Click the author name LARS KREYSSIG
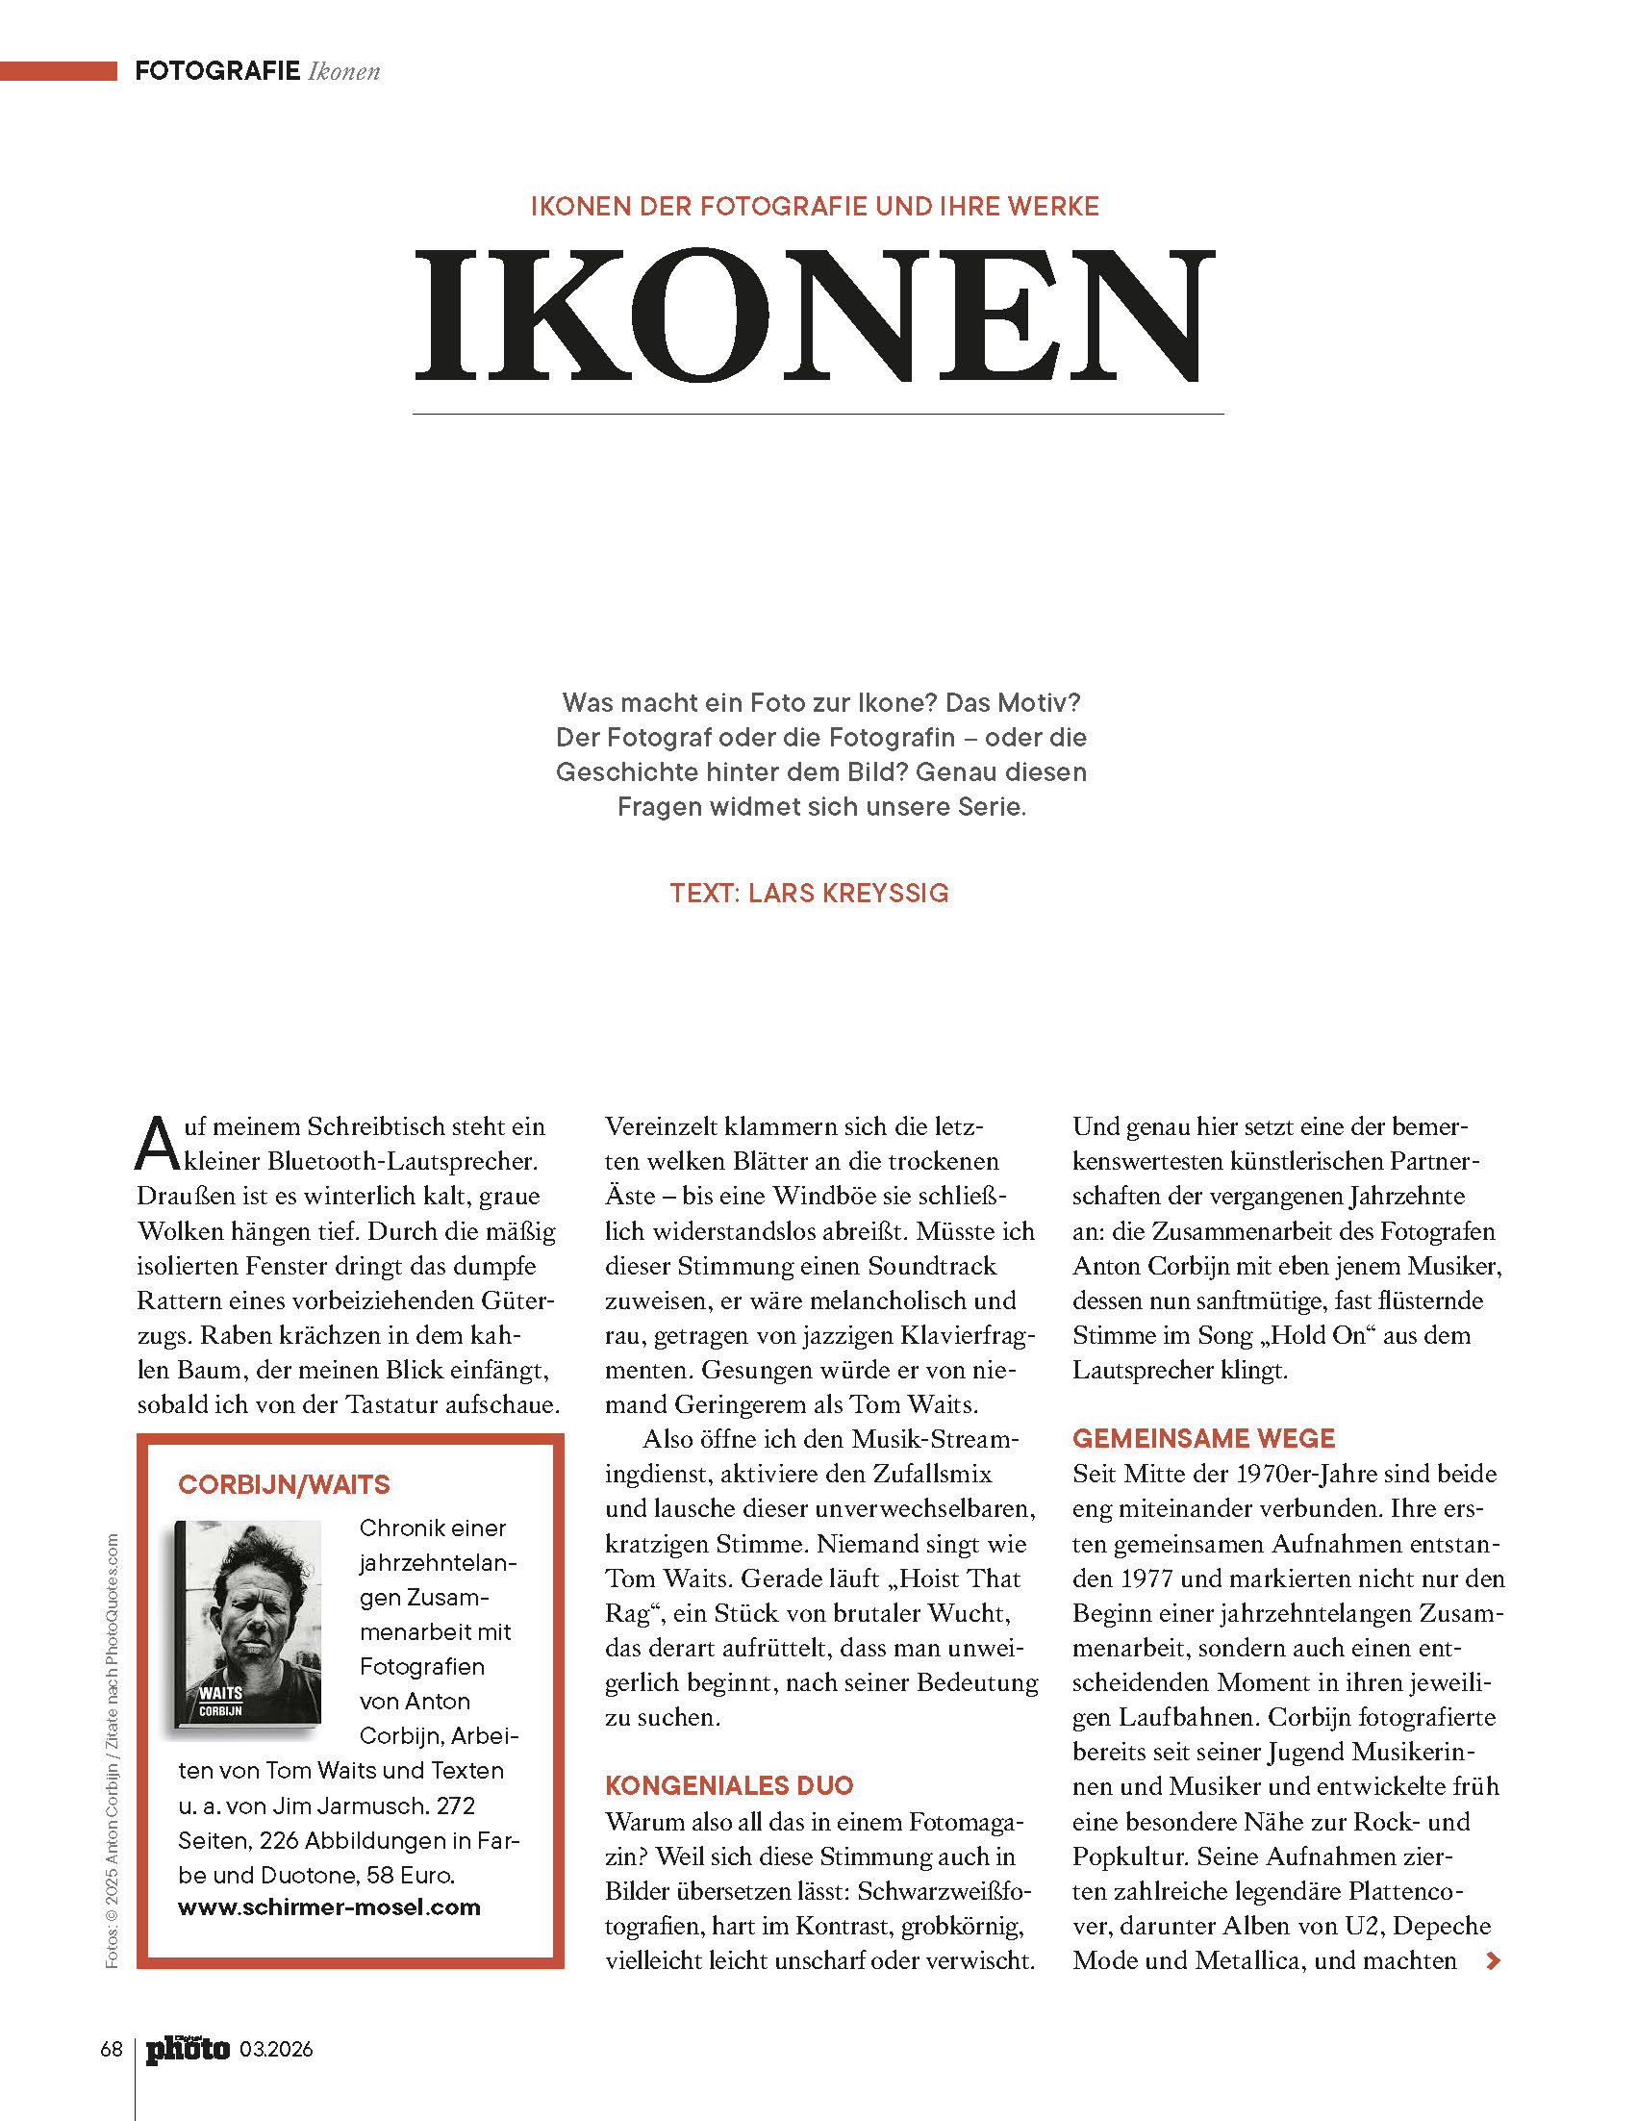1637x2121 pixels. (847, 894)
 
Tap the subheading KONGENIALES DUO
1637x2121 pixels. (728, 1785)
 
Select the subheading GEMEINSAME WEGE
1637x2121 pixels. (1203, 1438)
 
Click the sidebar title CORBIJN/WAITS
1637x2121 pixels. (284, 1484)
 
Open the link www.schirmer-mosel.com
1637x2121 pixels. (329, 1906)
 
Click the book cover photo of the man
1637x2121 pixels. (248, 1622)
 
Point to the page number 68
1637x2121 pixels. (111, 2049)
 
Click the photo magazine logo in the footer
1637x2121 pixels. (188, 2049)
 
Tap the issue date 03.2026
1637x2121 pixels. (277, 2049)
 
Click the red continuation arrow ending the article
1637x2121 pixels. (1494, 1960)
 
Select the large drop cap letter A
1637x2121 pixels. (158, 1144)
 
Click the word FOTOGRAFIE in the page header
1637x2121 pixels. (216, 71)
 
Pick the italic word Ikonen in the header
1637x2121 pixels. (343, 72)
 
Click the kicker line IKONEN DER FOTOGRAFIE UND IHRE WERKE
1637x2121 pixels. (815, 207)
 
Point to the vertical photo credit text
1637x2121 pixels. (112, 1748)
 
